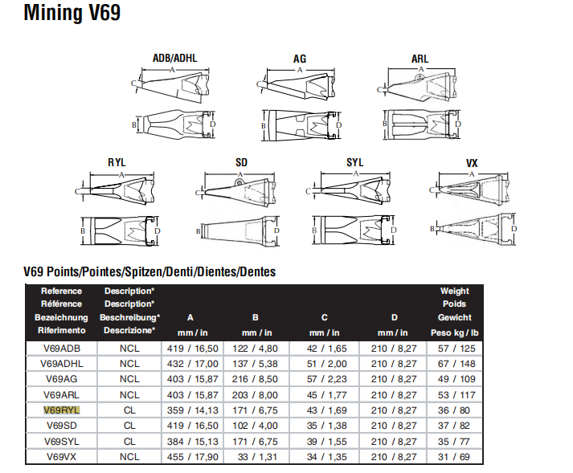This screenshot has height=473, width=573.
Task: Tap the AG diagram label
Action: click(x=300, y=59)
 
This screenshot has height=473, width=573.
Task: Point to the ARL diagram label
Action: click(x=420, y=59)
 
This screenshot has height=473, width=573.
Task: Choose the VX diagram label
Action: click(x=472, y=163)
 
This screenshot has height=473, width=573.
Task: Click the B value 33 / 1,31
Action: click(x=255, y=456)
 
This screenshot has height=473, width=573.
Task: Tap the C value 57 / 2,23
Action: click(x=323, y=378)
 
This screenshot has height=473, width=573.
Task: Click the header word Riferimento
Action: click(x=61, y=330)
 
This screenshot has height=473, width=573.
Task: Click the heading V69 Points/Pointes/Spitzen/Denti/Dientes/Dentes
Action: click(x=149, y=271)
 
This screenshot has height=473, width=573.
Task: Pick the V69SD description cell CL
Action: click(x=129, y=425)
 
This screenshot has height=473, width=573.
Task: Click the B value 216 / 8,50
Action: click(x=255, y=378)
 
